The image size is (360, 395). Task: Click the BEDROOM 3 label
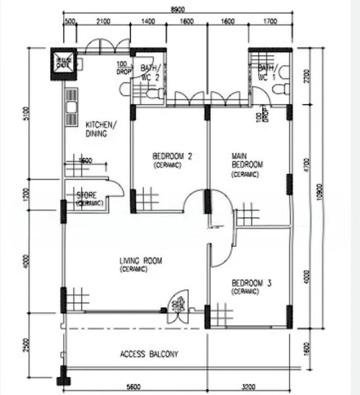click(x=251, y=286)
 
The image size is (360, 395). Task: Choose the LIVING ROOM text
click(x=140, y=264)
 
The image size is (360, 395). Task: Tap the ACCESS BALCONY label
click(x=149, y=354)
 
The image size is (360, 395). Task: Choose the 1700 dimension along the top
click(x=269, y=22)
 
